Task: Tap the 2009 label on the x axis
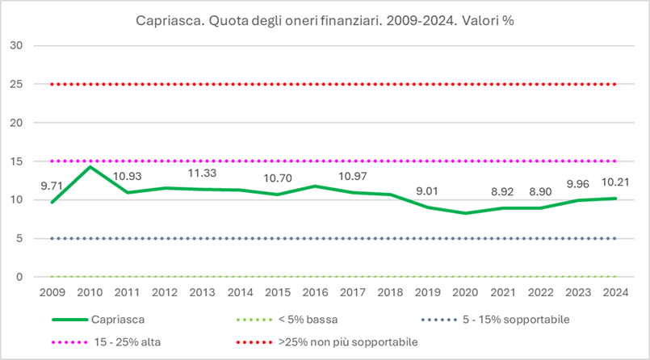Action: [52, 292]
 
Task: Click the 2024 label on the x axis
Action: [618, 292]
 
